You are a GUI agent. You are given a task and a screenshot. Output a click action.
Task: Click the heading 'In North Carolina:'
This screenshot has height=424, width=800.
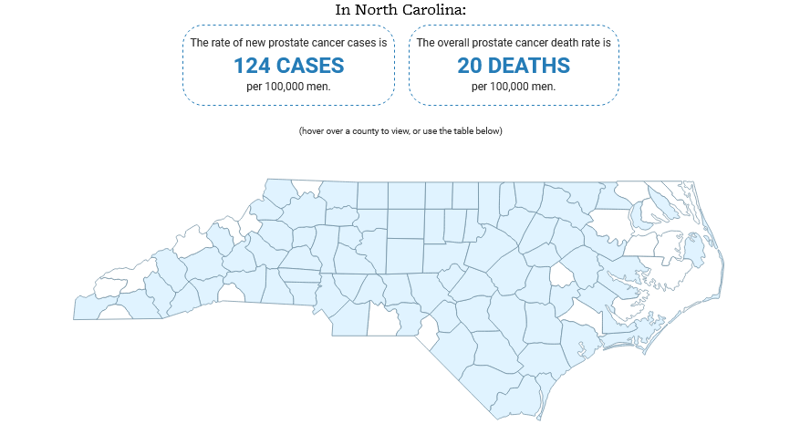coord(400,10)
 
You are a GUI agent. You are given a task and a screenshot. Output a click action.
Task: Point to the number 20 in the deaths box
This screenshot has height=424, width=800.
coord(472,66)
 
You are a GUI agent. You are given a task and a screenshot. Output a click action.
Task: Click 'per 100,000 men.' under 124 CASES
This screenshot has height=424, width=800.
coord(288,88)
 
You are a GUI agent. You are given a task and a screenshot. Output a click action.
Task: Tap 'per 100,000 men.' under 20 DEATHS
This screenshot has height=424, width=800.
coord(513,88)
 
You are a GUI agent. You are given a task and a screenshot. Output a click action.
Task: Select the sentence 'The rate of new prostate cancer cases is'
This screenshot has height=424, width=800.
coord(288,43)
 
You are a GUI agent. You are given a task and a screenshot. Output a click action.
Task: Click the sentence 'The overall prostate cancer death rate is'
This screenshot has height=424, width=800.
coord(513,43)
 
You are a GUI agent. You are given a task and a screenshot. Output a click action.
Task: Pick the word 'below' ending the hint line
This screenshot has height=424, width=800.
coord(488,131)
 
